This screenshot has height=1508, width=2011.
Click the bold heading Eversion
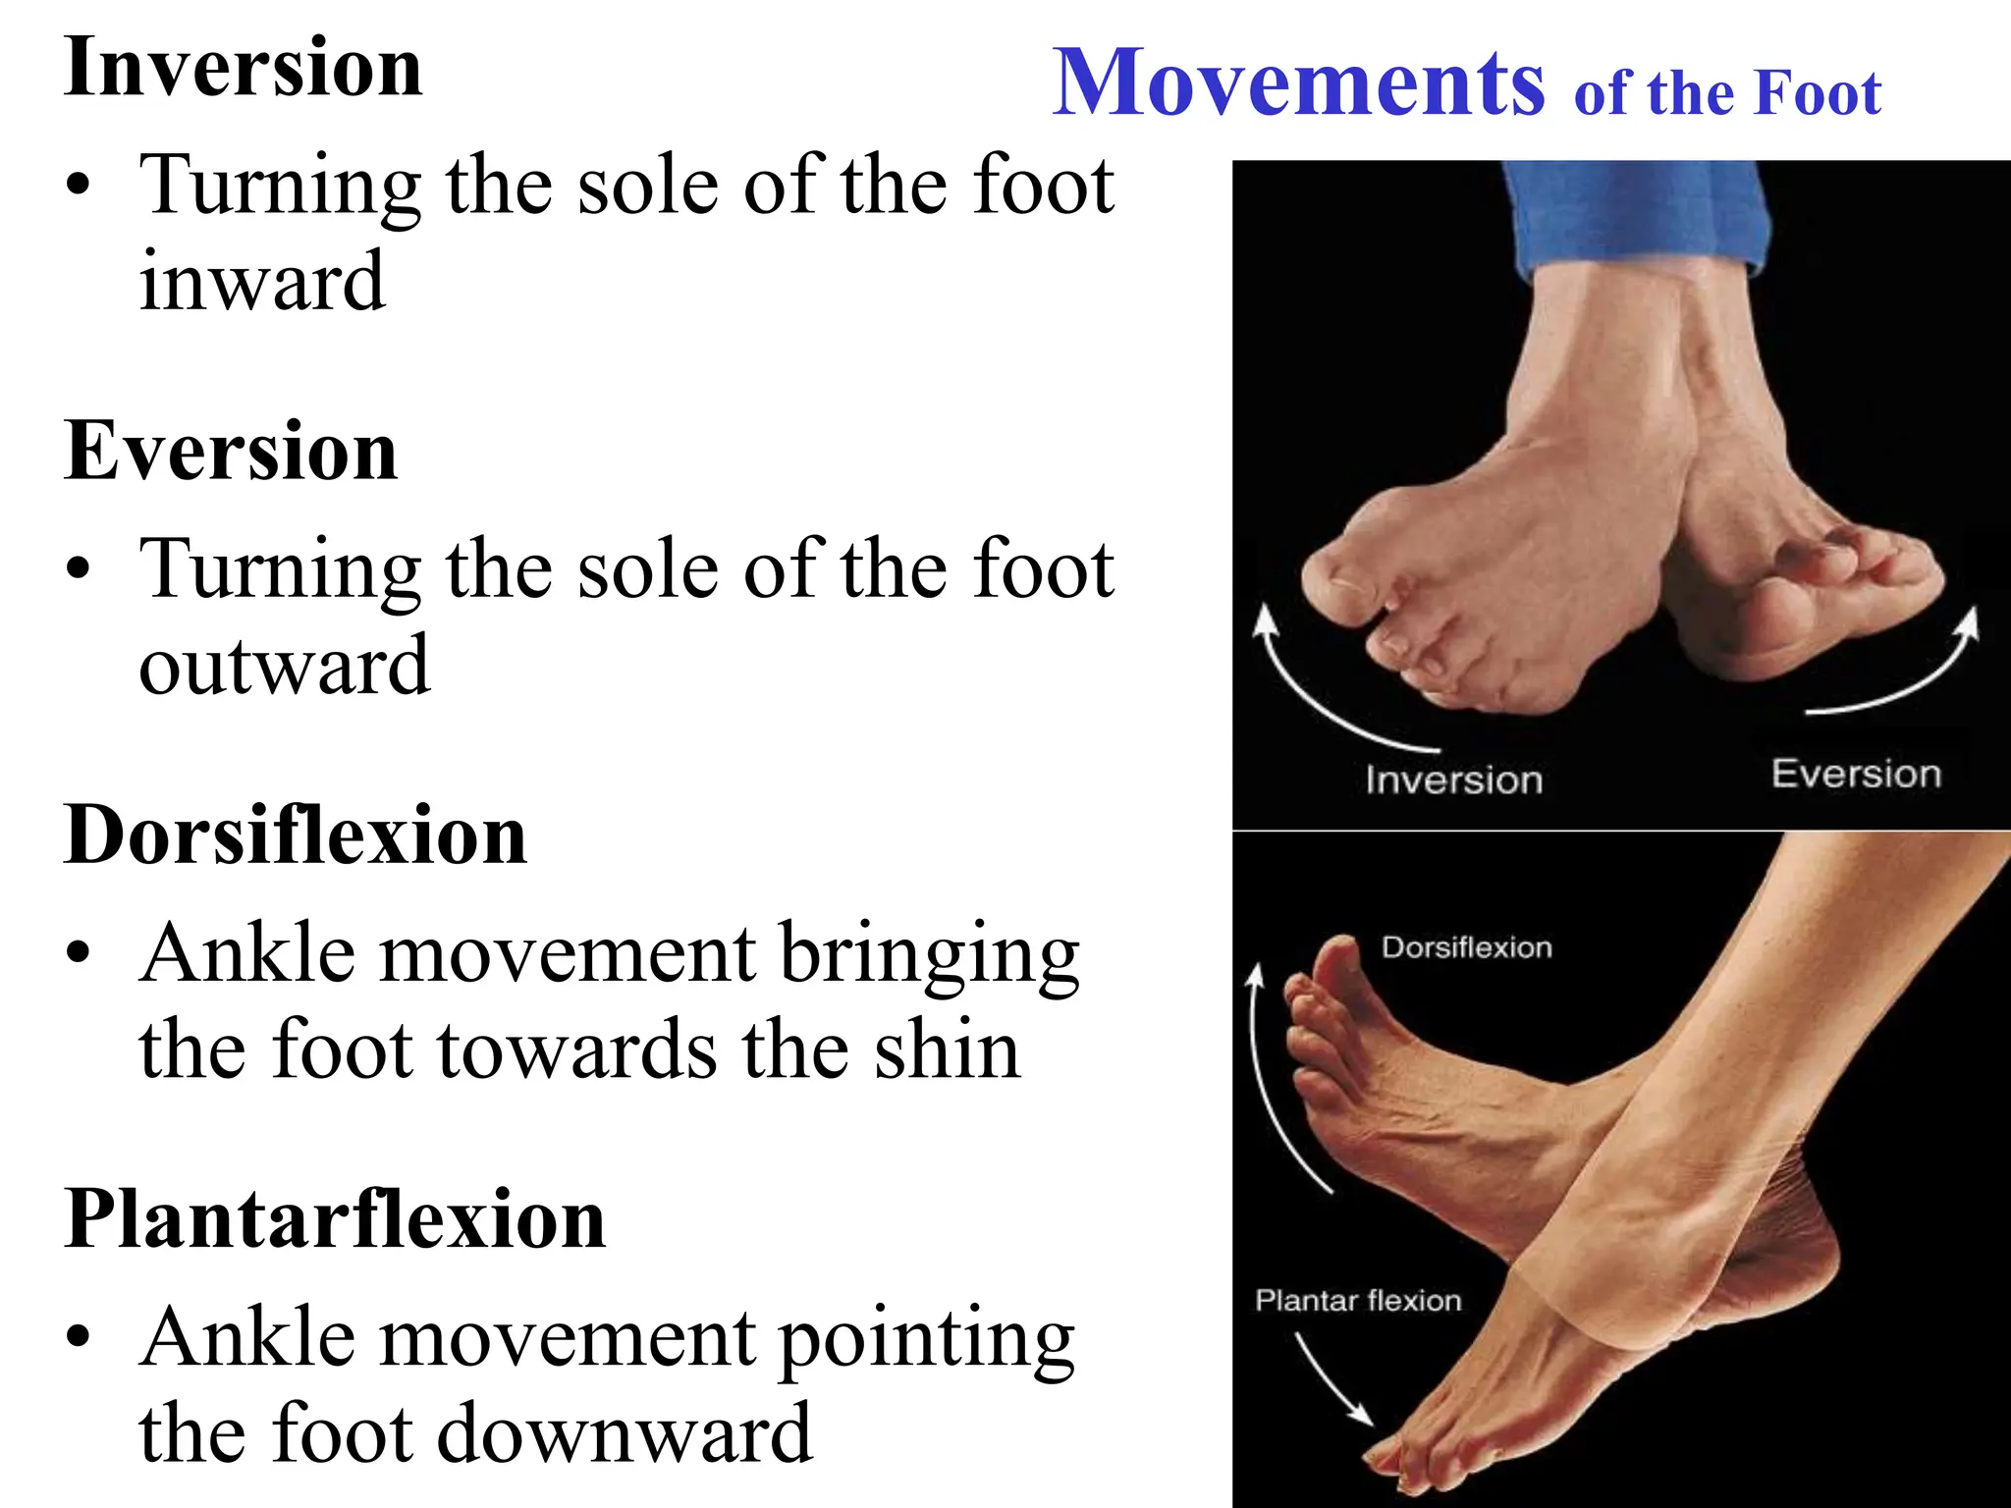[231, 451]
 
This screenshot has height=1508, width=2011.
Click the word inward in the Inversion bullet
[262, 282]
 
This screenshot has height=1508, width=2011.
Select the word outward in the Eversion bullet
[284, 666]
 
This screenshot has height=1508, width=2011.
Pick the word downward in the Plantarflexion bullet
[624, 1433]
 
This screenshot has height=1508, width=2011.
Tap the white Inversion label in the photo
[1453, 781]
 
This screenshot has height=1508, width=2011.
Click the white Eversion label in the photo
[1856, 774]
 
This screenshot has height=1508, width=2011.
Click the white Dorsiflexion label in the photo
[1466, 947]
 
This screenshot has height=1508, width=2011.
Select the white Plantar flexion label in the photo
[1358, 1301]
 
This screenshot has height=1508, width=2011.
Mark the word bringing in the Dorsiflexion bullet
[929, 956]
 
